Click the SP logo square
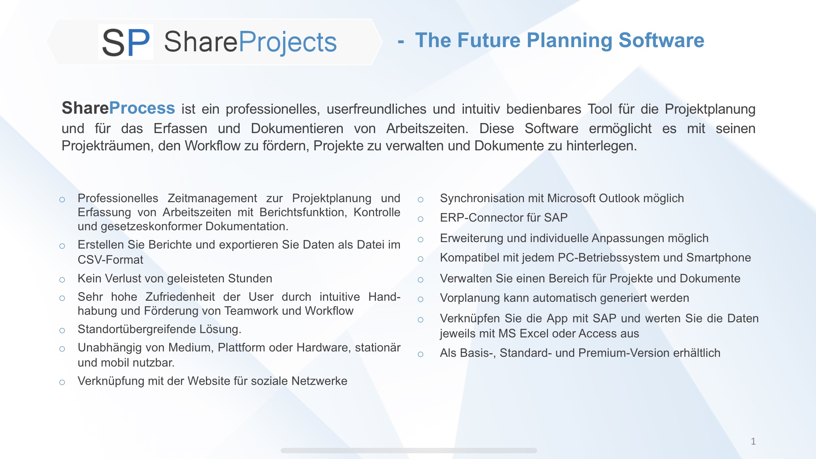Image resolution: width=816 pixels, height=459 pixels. [126, 42]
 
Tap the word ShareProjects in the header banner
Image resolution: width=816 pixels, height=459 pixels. [250, 42]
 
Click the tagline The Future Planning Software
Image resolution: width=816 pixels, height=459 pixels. [559, 40]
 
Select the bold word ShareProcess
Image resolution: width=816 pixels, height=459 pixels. [118, 108]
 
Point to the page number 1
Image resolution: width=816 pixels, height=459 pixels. [753, 441]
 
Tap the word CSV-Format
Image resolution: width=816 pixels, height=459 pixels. [110, 260]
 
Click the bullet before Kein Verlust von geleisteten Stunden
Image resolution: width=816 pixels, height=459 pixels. [62, 280]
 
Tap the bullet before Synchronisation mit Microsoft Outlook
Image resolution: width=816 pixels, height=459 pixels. [420, 200]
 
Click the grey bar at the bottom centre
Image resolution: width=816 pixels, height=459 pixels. [409, 450]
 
